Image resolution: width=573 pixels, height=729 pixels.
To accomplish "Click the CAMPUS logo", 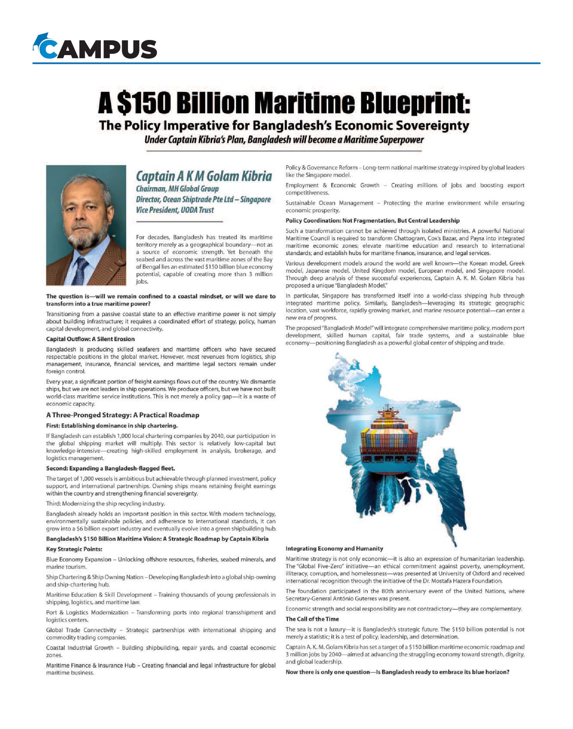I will click(97, 49).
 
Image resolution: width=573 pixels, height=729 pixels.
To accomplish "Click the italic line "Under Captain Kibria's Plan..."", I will click(284, 140).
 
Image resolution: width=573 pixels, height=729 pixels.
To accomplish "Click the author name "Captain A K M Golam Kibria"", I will click(204, 176).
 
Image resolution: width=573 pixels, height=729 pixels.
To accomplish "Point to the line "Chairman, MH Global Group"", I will click(177, 189).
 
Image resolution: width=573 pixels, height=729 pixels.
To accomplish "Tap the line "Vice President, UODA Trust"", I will click(175, 210).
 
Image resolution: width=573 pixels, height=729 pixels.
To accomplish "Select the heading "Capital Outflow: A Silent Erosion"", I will click(90, 339).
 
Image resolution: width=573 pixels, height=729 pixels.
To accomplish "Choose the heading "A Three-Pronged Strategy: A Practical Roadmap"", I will click(123, 415).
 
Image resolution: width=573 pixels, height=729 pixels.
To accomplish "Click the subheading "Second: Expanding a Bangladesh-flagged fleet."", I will click(111, 468).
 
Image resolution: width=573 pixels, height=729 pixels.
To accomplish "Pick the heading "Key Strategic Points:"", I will click(74, 549).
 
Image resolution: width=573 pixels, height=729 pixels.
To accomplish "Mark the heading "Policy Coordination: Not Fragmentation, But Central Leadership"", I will click(372, 221).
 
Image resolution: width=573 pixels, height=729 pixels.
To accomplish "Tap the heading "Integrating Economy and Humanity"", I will click(334, 549).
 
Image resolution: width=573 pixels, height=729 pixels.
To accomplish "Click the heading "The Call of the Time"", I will click(312, 619).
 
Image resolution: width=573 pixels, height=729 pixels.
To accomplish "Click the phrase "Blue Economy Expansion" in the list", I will click(79, 559).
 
